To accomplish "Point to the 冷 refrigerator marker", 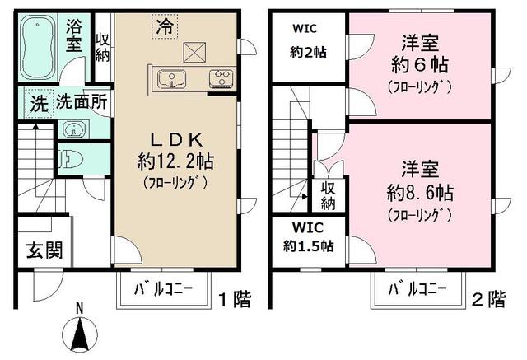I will click(165, 26).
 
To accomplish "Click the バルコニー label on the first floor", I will click(165, 290).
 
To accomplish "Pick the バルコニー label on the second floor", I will click(417, 290).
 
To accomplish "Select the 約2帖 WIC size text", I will click(309, 52).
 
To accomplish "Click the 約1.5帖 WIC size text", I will click(310, 246).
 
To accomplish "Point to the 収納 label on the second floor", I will click(328, 195).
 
